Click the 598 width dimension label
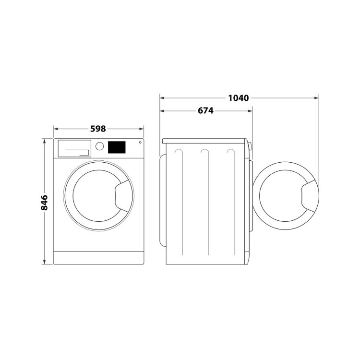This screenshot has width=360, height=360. (98, 129)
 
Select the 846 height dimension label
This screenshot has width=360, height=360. (44, 203)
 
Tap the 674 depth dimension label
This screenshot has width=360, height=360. (205, 111)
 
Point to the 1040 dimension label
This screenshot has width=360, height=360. (238, 98)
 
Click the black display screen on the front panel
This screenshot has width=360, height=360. (117, 147)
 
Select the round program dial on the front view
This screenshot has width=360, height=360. (100, 146)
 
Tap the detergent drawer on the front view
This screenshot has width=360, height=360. (74, 148)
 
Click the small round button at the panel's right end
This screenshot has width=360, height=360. (140, 143)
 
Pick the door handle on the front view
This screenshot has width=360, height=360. (123, 196)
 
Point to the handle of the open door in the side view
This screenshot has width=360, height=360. (310, 196)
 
